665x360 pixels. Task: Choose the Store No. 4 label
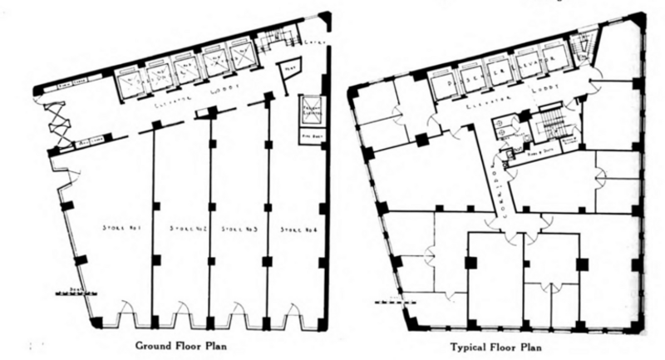[x=294, y=227]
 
